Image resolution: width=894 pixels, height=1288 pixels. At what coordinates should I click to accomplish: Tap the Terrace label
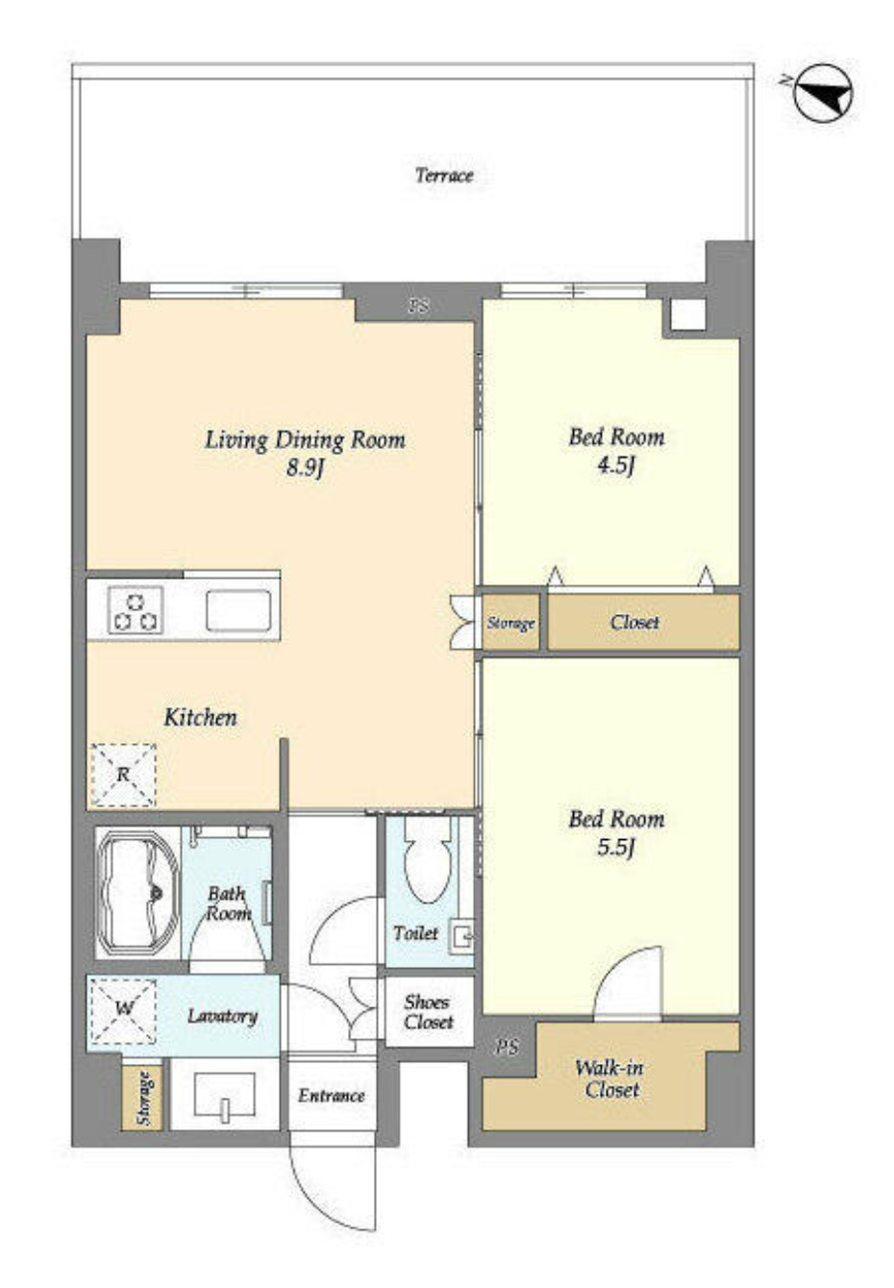(444, 175)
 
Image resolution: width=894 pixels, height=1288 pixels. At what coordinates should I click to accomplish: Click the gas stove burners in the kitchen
(136, 610)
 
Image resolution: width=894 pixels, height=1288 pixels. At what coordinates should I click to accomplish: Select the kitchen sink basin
(238, 610)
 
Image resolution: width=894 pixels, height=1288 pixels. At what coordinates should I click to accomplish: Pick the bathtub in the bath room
(138, 892)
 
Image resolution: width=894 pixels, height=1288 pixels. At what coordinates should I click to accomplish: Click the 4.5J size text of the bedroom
(616, 464)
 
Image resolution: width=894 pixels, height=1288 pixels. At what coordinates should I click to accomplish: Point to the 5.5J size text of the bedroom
(615, 848)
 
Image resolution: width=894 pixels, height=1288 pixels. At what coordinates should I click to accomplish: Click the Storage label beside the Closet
(510, 623)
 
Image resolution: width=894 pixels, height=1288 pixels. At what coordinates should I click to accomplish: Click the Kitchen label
(200, 717)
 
